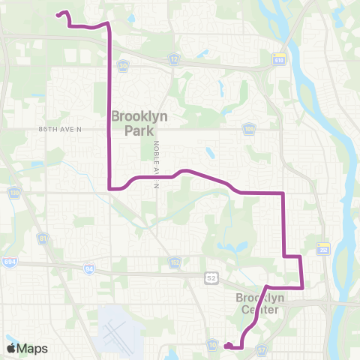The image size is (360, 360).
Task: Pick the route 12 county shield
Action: pyautogui.click(x=174, y=58)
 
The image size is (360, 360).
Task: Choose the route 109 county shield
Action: pyautogui.click(x=248, y=129)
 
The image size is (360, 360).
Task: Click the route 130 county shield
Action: pyautogui.click(x=14, y=193)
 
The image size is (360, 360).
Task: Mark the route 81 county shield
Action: pyautogui.click(x=43, y=238)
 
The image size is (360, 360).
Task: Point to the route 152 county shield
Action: pyautogui.click(x=174, y=262)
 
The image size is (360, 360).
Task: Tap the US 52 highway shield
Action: pyautogui.click(x=212, y=277)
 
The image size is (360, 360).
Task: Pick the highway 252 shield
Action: pyautogui.click(x=324, y=248)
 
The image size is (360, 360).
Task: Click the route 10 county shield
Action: pyautogui.click(x=213, y=343)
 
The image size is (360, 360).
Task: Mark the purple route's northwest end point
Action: pyautogui.click(x=58, y=14)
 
